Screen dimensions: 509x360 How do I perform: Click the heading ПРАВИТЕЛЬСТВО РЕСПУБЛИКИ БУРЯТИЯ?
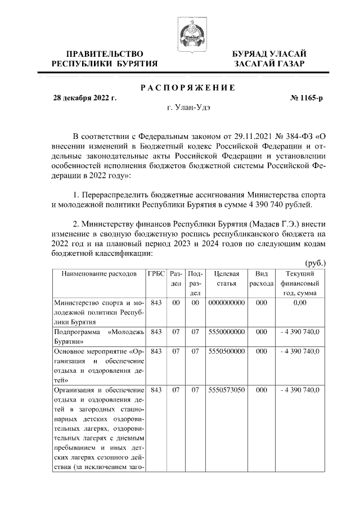pyautogui.click(x=105, y=58)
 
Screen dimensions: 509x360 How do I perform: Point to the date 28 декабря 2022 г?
pyautogui.click(x=85, y=98)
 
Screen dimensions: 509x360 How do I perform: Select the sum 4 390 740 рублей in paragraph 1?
pyautogui.click(x=278, y=205)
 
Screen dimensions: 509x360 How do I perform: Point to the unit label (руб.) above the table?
pyautogui.click(x=315, y=263)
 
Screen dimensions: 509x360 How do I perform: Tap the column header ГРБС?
pyautogui.click(x=156, y=274)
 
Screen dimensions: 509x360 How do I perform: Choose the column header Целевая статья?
pyautogui.click(x=226, y=278)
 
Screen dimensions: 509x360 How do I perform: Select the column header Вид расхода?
pyautogui.click(x=260, y=278)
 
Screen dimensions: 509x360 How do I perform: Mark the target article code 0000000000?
pyautogui.click(x=226, y=303)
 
